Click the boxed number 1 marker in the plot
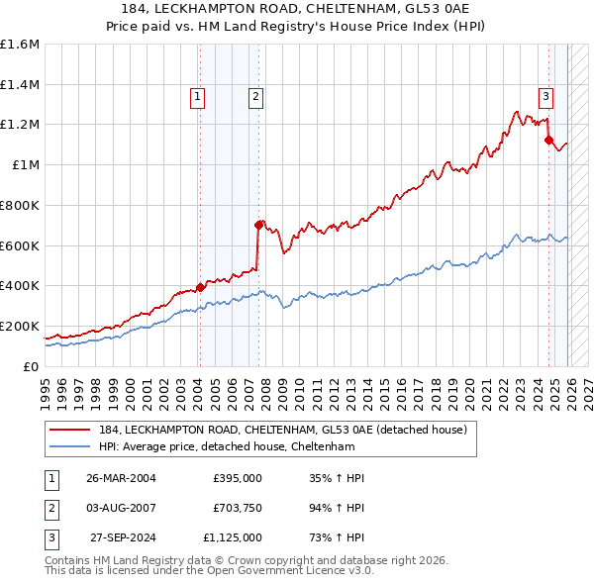point(198,97)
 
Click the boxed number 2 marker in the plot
point(255,97)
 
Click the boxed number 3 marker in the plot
point(545,97)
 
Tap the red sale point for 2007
point(259,225)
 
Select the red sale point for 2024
point(548,140)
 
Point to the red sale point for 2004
point(200,287)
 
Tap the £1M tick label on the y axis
point(27,165)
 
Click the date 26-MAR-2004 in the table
point(121,478)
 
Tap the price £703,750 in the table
point(238,508)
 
